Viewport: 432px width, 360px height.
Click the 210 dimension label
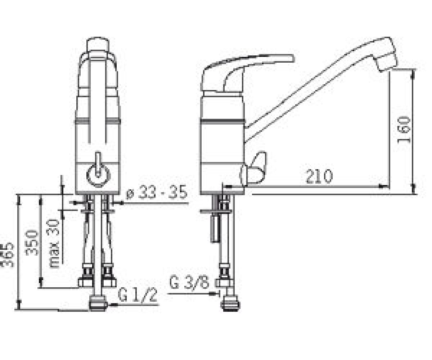pos(319,176)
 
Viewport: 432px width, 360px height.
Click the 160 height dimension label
pos(404,130)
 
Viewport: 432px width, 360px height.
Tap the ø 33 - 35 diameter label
pos(156,192)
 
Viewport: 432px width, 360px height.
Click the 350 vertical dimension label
pos(31,243)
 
